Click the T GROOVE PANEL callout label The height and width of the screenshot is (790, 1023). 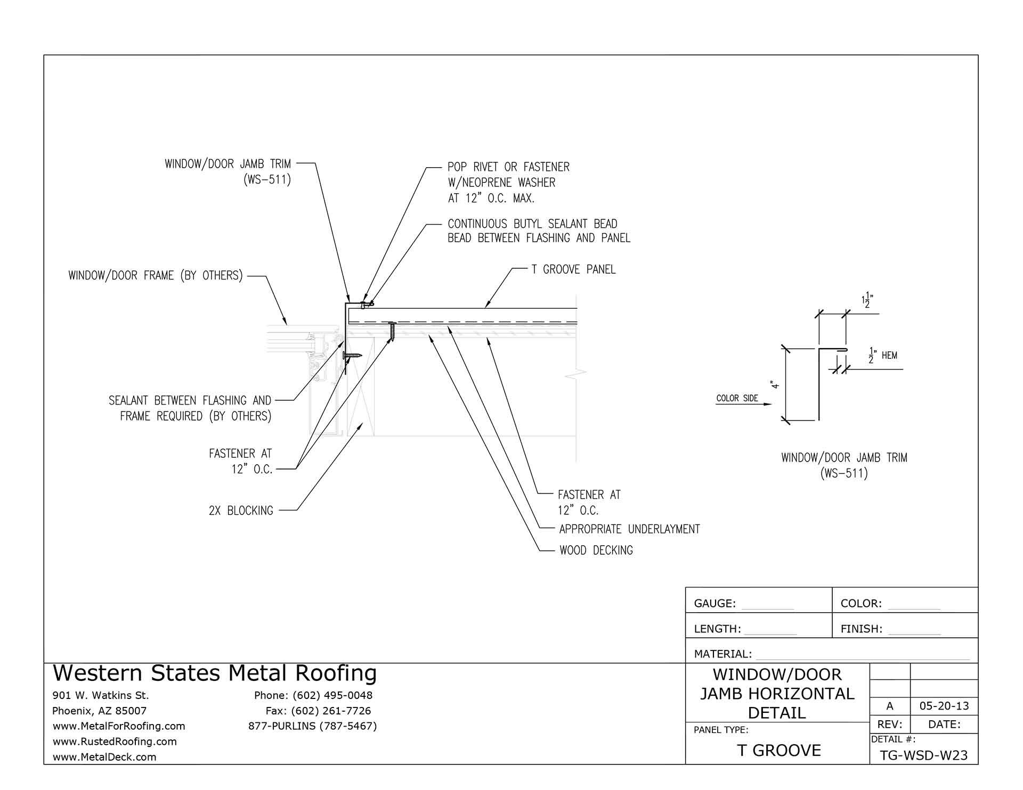(x=573, y=269)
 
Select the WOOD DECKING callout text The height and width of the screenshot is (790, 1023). (x=596, y=550)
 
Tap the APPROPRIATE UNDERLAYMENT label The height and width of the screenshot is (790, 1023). (x=629, y=529)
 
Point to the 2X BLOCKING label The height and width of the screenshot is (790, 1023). (x=241, y=511)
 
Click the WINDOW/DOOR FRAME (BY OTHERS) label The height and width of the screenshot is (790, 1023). (x=156, y=275)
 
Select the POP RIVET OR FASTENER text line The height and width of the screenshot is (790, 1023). (x=508, y=167)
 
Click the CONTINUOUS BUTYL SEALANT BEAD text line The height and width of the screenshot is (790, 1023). (x=532, y=224)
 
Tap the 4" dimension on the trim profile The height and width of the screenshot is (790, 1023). (x=776, y=384)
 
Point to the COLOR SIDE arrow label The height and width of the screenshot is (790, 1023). (x=737, y=398)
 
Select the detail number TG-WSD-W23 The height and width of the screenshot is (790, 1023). (x=923, y=755)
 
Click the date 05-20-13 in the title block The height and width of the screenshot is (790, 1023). (x=944, y=706)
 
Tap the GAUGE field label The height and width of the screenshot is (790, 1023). (x=715, y=603)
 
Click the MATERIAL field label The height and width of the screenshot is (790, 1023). (x=722, y=654)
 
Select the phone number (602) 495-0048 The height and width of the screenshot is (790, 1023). (x=313, y=695)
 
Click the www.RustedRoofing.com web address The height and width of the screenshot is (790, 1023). (x=115, y=741)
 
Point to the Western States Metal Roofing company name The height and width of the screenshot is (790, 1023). (x=215, y=673)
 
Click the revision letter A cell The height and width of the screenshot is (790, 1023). (x=889, y=706)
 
